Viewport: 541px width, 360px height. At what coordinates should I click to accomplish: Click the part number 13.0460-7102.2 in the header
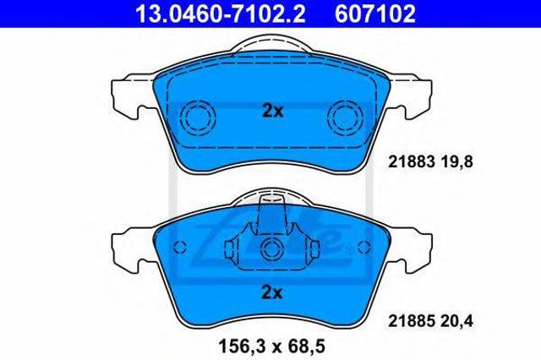click(x=220, y=14)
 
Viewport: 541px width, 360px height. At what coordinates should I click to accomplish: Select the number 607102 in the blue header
click(x=375, y=14)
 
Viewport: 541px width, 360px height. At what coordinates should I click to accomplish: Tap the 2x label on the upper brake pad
click(x=272, y=111)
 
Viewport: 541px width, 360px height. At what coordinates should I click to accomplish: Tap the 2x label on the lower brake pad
click(x=272, y=292)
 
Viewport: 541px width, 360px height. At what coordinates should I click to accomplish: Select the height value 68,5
click(x=306, y=346)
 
